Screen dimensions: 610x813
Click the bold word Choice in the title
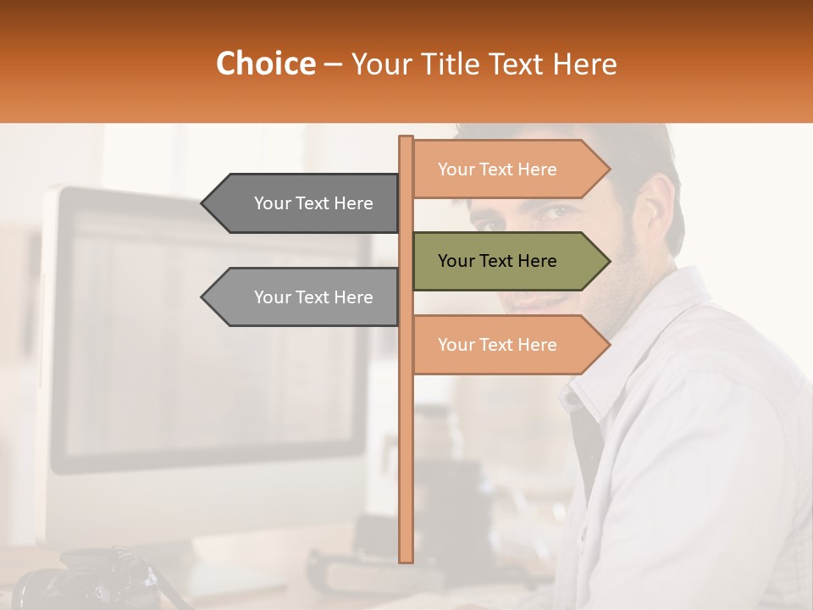[x=265, y=64]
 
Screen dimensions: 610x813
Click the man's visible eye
[x=555, y=212]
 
